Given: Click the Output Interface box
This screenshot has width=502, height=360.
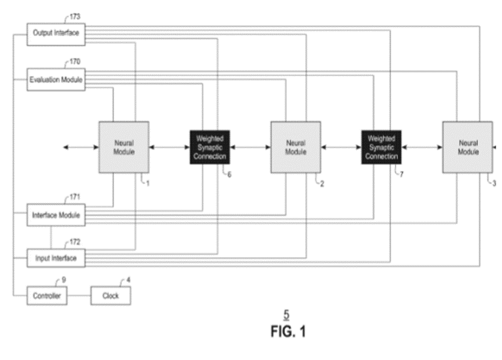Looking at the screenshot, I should [x=56, y=33].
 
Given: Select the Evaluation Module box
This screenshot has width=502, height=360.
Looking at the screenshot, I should [x=56, y=80].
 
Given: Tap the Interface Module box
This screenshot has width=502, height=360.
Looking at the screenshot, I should [x=56, y=215].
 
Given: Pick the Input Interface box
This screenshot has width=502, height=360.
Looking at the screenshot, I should [x=56, y=258].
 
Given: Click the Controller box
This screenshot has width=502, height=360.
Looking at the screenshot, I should [x=47, y=296].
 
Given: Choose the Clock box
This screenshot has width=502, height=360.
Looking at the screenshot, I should [x=111, y=296].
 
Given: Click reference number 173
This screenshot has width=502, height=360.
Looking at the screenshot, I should [x=74, y=16].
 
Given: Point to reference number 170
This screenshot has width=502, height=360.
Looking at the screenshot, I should [x=74, y=62].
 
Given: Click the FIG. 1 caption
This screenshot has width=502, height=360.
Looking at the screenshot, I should [x=287, y=332].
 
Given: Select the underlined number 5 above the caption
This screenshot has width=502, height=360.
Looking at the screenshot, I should [x=286, y=315].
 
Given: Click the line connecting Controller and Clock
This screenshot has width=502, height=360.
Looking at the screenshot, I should [x=79, y=296].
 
